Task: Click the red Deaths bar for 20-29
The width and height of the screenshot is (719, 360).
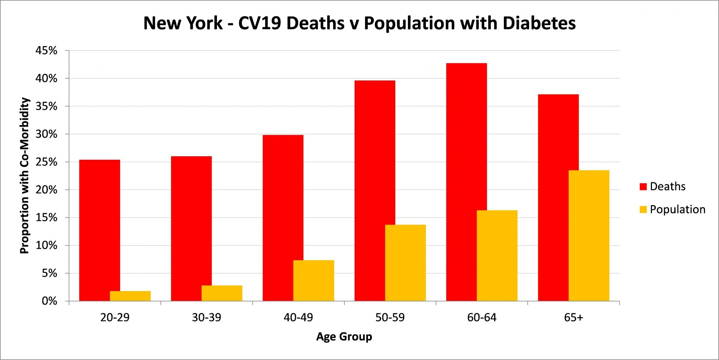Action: coord(95,225)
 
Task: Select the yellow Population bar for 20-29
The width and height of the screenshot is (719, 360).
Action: coord(130,296)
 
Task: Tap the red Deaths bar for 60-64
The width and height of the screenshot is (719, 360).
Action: coord(461,176)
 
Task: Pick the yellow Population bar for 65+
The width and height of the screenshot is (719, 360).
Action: coord(589,235)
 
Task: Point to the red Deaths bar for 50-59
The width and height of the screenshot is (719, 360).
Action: coord(370,183)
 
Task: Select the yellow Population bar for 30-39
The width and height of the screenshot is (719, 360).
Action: coord(222,293)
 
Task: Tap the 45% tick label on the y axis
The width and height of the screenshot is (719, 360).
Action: coord(46,51)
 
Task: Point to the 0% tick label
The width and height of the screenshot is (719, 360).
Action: coord(50,301)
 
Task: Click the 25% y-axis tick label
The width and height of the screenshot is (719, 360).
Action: coord(46,162)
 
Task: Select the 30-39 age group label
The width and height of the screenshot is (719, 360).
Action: coord(206,318)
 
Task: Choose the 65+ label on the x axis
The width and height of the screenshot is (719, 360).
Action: coord(573,318)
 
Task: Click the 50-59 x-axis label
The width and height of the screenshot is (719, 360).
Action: coord(390,318)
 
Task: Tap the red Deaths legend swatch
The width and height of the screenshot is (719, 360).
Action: coord(643,186)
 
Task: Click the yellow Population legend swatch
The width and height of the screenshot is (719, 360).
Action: coord(643,210)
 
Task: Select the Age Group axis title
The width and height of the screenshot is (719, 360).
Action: coord(344,336)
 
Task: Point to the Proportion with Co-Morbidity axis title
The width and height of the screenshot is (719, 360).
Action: coord(24,176)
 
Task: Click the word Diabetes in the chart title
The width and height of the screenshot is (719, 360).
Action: coord(539,23)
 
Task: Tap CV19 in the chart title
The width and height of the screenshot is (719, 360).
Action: coord(260,23)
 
